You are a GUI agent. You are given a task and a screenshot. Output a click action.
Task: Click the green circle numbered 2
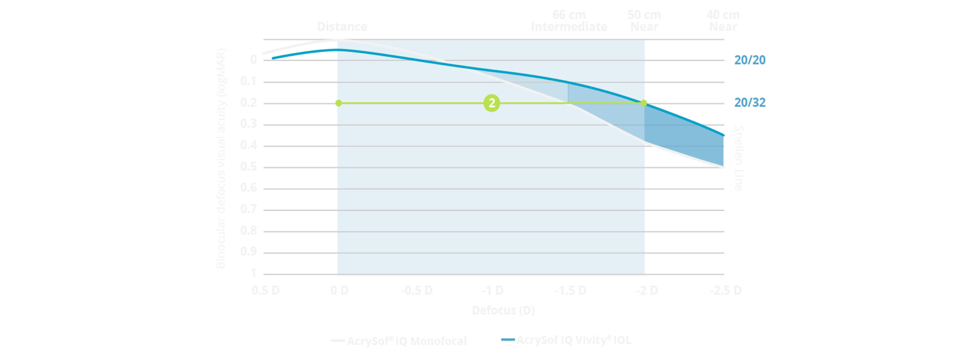[x=492, y=103]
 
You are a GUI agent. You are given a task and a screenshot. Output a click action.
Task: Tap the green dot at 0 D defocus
[x=339, y=103]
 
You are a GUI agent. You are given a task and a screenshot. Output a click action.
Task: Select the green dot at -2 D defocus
[x=644, y=103]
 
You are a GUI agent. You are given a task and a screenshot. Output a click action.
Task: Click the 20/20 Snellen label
[x=750, y=60]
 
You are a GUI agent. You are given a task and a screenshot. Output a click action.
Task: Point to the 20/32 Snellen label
[x=750, y=103]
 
